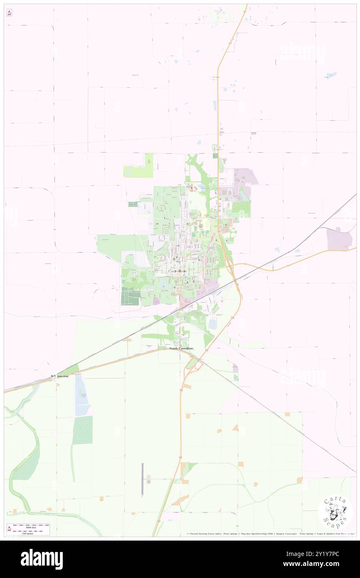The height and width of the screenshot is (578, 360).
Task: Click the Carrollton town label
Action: pos(178,271)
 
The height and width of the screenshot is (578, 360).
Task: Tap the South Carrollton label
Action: pos(181,348)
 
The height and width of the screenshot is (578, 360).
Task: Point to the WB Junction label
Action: pos(59,376)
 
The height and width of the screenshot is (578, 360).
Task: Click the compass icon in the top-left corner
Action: pos(9,13)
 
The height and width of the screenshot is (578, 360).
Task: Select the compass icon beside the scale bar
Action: pos(9,529)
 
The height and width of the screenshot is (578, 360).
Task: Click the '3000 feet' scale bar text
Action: pos(31,526)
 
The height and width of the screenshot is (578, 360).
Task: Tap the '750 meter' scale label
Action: pos(31,533)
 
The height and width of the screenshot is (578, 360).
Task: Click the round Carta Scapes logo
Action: pos(335,511)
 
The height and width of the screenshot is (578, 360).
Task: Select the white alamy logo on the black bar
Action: pos(42,559)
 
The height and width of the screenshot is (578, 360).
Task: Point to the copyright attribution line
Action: pos(270,534)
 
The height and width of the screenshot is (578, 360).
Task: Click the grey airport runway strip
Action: pos(142,479)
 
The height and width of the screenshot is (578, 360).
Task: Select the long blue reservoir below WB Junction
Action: pos(80,395)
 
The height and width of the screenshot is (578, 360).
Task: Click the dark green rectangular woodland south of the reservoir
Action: pos(82,430)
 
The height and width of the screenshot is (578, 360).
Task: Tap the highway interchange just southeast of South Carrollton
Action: pos(191,363)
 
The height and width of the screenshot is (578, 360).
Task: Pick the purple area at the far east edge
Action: pos(339,239)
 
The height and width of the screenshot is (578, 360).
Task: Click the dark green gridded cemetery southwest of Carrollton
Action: pos(130,298)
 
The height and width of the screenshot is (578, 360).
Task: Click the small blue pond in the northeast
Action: pos(331,75)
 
